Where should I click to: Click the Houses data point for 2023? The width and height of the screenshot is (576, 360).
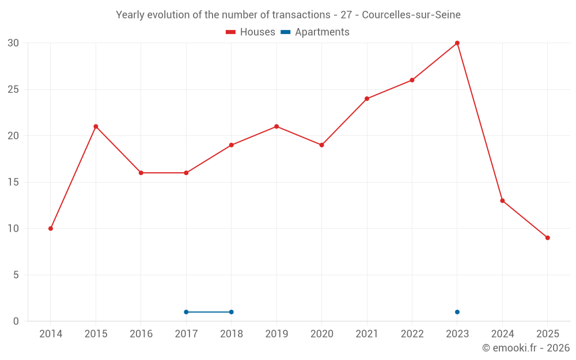coord(457,43)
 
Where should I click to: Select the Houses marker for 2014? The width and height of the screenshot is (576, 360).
coord(51,229)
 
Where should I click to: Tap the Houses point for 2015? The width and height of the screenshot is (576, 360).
coord(96,127)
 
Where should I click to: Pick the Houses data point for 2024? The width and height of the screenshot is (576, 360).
coord(502,200)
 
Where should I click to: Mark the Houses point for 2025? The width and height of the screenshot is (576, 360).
coord(547,238)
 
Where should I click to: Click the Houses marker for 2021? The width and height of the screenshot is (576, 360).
coord(367,98)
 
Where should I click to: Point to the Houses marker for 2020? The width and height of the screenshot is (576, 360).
coord(321,145)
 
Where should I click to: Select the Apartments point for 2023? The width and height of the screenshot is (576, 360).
coord(457,312)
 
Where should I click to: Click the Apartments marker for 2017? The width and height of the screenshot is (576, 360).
coord(186,312)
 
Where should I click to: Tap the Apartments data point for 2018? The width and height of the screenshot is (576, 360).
coord(231,312)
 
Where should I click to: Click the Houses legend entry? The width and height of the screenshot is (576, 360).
coord(251,32)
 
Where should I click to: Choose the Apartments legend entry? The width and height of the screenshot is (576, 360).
coord(315,32)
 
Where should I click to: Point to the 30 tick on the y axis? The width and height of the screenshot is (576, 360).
coord(13,43)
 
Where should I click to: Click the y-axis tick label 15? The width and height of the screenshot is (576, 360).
coord(13,183)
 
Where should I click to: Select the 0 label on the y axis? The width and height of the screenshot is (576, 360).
coord(16,321)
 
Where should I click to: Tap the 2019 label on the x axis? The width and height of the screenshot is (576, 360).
coord(276,334)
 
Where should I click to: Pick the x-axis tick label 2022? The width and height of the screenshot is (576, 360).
coord(412,334)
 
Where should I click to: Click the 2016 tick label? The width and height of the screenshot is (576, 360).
coord(141,334)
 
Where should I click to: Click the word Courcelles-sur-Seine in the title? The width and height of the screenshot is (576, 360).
coord(411,15)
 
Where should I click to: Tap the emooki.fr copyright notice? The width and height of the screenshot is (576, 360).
coord(526,348)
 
